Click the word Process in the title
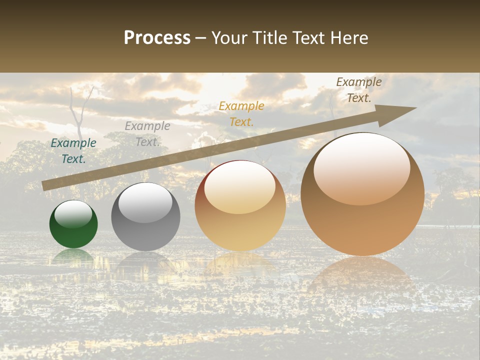(157, 38)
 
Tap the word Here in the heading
(349, 38)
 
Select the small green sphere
(73, 230)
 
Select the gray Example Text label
(147, 134)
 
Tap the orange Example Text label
(241, 113)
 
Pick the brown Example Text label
(358, 90)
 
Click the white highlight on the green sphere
(73, 214)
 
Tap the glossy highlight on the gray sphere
(145, 202)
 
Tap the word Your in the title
(230, 38)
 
